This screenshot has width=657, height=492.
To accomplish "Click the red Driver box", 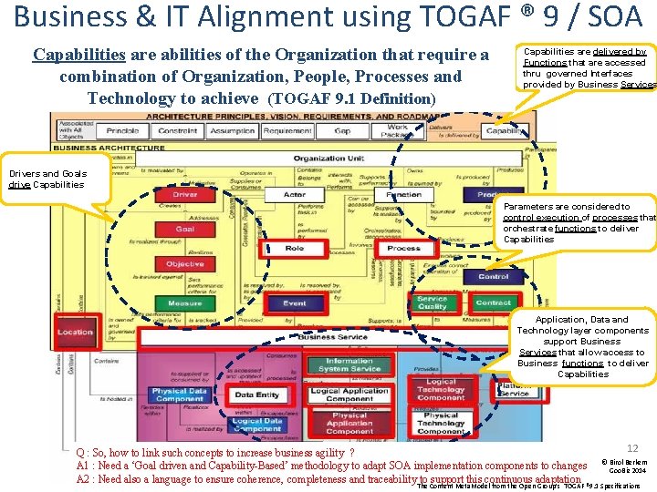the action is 185,194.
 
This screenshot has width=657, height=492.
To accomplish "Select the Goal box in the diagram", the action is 185,229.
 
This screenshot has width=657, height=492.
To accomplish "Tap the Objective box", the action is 185,264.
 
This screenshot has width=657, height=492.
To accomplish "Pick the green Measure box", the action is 185,302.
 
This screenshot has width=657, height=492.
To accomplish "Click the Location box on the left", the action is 75,333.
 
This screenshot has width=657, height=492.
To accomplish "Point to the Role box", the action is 295,248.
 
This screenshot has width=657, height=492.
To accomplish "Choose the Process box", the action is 403,248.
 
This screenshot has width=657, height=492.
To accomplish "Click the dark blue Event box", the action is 295,303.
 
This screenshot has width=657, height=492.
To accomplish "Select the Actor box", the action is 295,194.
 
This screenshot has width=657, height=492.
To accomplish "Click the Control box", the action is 494,276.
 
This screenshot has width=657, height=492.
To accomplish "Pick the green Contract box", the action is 494,302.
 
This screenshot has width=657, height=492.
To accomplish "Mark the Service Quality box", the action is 433,302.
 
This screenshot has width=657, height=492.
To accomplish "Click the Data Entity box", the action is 257,395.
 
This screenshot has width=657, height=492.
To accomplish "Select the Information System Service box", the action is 349,364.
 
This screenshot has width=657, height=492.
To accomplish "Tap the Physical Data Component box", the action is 179,395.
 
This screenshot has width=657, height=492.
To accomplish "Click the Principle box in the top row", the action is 123,131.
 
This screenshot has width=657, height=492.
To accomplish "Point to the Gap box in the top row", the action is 342,131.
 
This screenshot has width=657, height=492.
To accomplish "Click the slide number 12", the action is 632,448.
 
